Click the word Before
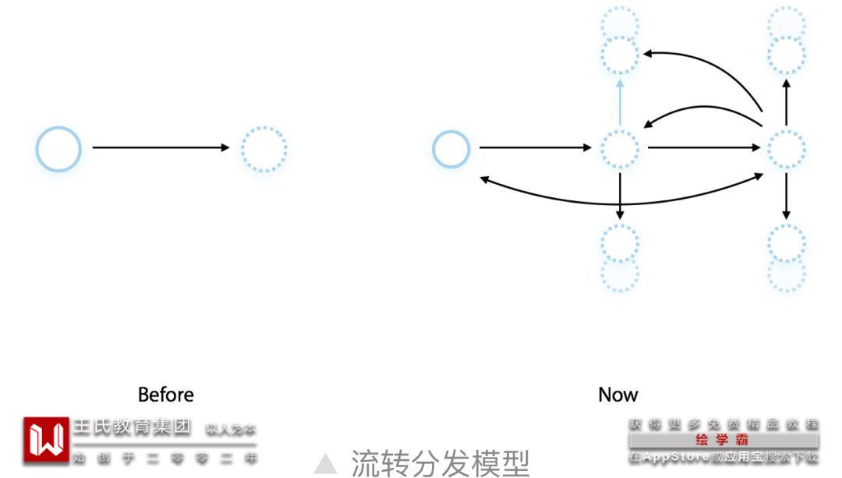click(165, 395)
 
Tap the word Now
click(617, 395)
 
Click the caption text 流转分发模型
click(440, 462)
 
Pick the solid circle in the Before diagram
click(58, 148)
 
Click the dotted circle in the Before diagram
click(264, 148)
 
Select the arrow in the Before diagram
click(160, 148)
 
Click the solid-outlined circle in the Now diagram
click(451, 148)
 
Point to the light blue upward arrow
click(621, 101)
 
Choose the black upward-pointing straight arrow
click(786, 101)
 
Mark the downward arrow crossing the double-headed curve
click(620, 195)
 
